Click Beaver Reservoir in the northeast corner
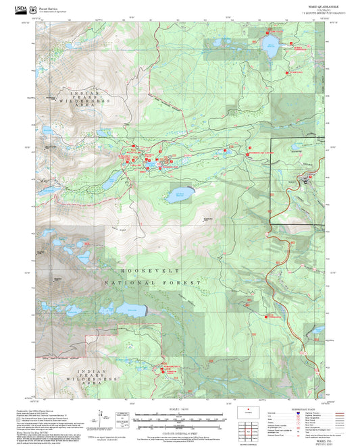pos(272,47)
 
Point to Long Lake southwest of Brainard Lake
pos(108,180)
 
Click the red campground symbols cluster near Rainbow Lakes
pos(165,369)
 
